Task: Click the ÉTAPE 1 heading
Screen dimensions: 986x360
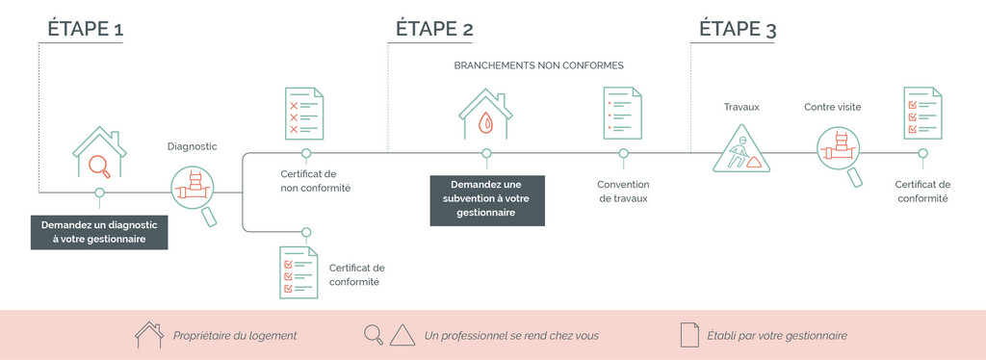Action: point(86,30)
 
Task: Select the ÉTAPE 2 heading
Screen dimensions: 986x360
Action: point(434,30)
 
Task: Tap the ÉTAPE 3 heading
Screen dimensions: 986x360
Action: point(738,30)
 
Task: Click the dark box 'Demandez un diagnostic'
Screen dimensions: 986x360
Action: point(99,232)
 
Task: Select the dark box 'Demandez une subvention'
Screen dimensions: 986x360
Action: point(486,200)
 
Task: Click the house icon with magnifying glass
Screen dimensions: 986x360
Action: point(99,152)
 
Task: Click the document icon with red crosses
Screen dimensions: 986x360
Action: point(305,114)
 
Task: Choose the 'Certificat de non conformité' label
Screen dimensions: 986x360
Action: point(315,180)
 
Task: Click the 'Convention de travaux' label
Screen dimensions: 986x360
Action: point(623,192)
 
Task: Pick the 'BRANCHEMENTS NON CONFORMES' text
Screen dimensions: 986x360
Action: point(539,65)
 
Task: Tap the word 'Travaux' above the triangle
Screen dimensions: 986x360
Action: point(741,107)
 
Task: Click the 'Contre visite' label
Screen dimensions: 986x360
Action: point(833,107)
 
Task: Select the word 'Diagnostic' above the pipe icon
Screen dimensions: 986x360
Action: point(192,146)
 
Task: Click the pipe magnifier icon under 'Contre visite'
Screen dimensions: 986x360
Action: point(840,156)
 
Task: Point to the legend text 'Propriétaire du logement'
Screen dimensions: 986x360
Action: point(235,336)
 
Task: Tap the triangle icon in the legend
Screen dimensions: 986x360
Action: point(403,336)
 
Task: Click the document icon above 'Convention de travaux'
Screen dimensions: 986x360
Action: point(623,113)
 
